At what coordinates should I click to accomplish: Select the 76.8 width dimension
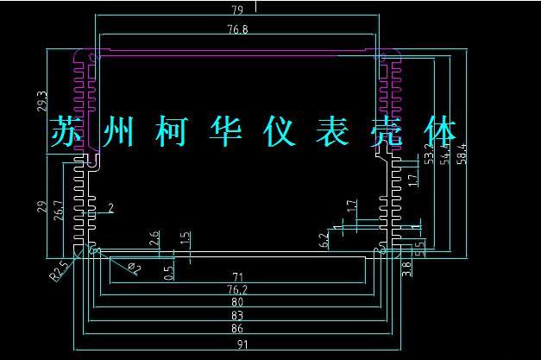238,29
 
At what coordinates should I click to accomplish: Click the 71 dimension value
237,276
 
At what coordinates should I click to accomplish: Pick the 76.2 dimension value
237,289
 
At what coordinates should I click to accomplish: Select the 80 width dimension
237,302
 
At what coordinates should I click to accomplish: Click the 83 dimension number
237,315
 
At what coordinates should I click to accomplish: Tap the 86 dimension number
237,328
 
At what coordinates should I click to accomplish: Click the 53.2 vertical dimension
430,156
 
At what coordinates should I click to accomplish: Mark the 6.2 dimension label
324,240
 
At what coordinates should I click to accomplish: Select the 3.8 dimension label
407,268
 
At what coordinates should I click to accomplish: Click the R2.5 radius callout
58,272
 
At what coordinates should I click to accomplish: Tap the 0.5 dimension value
169,271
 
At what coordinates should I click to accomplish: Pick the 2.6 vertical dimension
154,239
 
